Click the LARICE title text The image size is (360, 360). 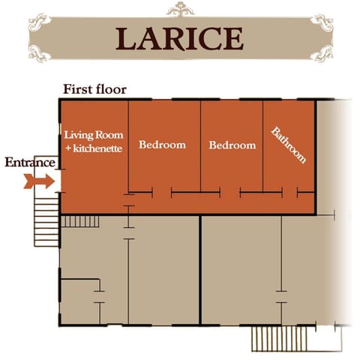tap(180, 37)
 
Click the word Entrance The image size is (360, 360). tap(29, 162)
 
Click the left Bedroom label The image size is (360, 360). tap(163, 145)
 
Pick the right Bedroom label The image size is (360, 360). tap(232, 145)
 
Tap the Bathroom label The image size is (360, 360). tap(289, 145)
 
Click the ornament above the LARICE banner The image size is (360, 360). tap(180, 9)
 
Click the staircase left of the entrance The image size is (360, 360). tap(46, 217)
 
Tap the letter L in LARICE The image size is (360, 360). tap(127, 37)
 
